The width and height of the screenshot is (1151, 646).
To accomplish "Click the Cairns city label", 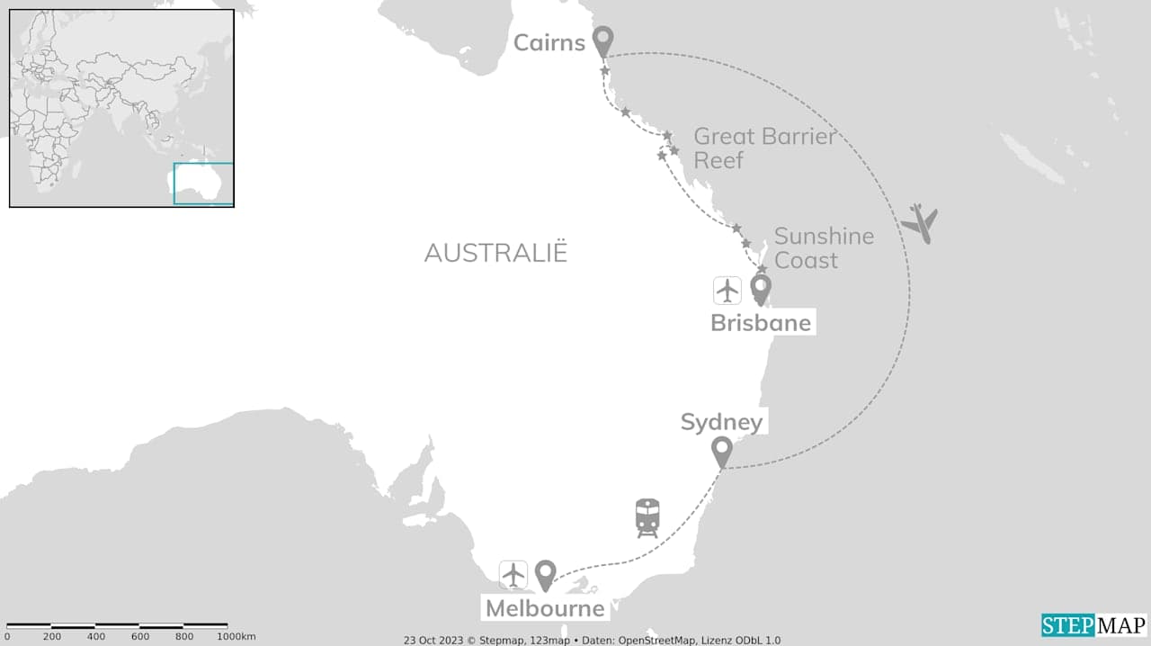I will pos(549,42).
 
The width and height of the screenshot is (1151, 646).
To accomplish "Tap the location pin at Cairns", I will pos(603,40).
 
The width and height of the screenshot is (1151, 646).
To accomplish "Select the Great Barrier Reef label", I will pos(764,148).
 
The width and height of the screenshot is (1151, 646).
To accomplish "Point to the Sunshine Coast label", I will pos(824,247).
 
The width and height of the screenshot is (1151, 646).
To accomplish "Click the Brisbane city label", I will pos(761,322).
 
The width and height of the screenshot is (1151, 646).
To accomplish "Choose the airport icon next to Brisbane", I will pos(727,291).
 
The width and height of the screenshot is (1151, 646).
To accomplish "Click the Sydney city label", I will pos(721,422).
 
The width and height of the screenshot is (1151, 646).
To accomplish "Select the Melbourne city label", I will pos(545,608).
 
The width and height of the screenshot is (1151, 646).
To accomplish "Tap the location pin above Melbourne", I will pos(545,574).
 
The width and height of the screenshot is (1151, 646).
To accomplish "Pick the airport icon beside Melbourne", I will pos(513,574).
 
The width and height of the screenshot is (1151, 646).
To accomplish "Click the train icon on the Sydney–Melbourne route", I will pos(647,517).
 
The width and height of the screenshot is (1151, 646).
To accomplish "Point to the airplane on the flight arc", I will pos(919,222).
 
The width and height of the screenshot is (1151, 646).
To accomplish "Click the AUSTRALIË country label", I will pos(496,253).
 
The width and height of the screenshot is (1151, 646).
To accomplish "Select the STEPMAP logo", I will pos(1094,625).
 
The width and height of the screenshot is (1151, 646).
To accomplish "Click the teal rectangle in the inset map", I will pos(203,184).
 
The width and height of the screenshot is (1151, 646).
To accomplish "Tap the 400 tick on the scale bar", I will pos(96,637).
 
